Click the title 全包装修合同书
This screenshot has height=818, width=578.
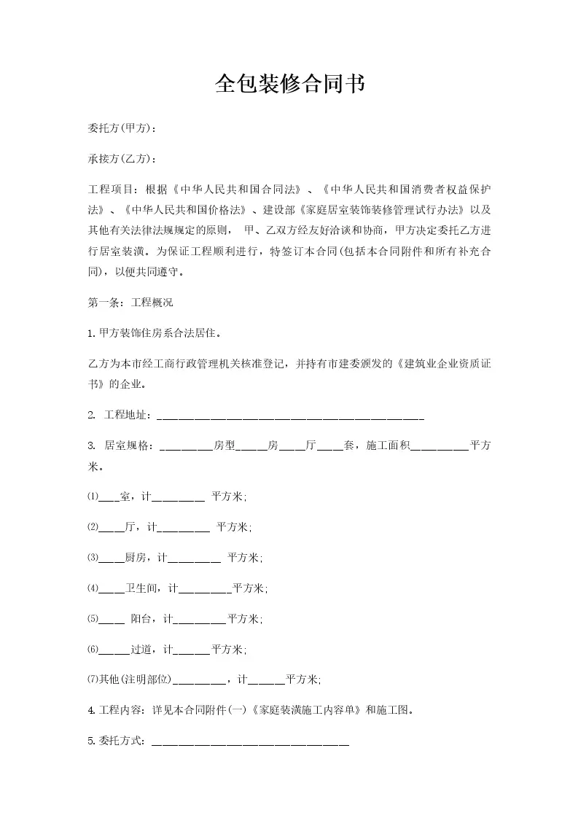[x=289, y=85]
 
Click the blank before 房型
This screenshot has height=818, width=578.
[x=185, y=445]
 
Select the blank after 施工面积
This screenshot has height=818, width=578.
[x=440, y=445]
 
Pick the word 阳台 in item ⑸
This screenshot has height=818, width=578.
[x=141, y=619]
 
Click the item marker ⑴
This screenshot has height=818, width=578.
[x=93, y=497]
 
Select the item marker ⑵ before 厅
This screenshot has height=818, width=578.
[x=93, y=527]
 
